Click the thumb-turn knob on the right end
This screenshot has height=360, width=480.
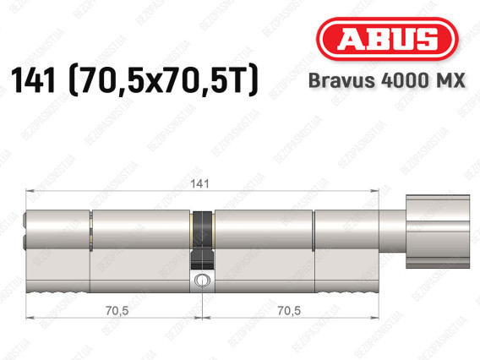(436, 230)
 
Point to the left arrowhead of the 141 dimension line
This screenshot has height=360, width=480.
(30, 191)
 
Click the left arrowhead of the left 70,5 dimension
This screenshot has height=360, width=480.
(30, 319)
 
